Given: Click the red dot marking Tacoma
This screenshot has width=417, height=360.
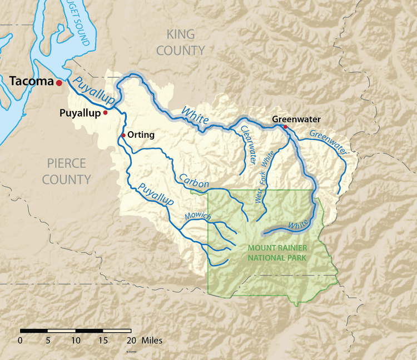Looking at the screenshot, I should click(58, 83).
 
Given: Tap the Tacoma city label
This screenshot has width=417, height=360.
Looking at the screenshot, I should click(31, 82).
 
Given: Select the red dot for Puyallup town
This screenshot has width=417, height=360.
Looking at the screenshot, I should click(105, 112).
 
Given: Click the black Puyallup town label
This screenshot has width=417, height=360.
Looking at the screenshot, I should click(80, 113).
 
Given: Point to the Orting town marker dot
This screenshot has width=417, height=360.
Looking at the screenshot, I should click(123, 135).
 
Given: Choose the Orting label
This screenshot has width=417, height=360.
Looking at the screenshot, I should click(141, 135).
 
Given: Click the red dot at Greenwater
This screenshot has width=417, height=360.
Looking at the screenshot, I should click(285, 127).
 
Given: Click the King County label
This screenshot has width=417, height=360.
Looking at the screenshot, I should click(181, 42).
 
